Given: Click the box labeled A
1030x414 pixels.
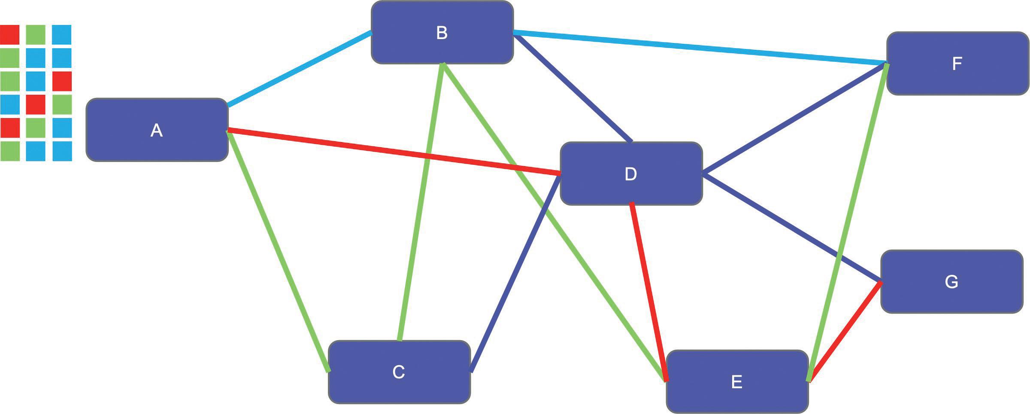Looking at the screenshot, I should click(x=157, y=130).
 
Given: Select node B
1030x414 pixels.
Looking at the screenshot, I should click(x=442, y=33).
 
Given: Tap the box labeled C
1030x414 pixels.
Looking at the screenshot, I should click(x=399, y=372).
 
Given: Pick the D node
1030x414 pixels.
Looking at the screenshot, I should click(x=631, y=174).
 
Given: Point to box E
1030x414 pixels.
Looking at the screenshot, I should click(x=737, y=381).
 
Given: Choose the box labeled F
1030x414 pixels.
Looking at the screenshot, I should click(x=957, y=64).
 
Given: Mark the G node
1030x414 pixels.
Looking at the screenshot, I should click(x=951, y=282).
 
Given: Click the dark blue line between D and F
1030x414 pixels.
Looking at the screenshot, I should click(x=794, y=119).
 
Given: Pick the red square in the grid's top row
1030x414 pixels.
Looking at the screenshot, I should click(x=9, y=34).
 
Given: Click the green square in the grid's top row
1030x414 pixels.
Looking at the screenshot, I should click(x=36, y=34).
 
